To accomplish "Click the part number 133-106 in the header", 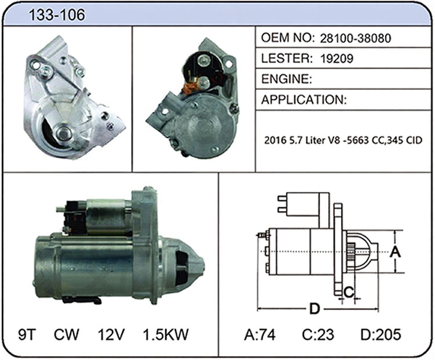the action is coord(57,14).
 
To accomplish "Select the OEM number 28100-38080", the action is coord(356,38).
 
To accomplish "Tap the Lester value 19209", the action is coord(337,59).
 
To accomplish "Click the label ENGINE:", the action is coord(287,79).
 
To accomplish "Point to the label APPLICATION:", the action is coord(304,100).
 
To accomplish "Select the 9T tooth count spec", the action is coord(27,334).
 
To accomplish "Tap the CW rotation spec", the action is coord(66,334).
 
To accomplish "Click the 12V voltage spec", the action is coord(111,334).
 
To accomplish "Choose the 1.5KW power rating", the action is coord(166,334).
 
